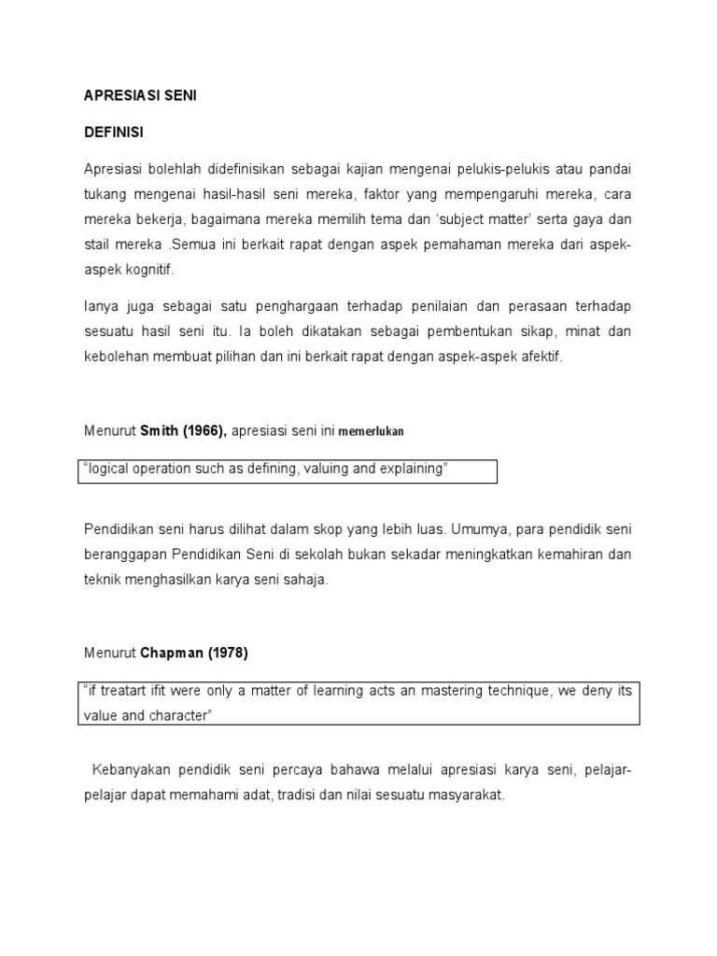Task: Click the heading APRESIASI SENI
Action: (140, 96)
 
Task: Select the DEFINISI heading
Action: (113, 134)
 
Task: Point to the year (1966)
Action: (203, 431)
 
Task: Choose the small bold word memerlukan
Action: (372, 432)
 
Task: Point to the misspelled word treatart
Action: (126, 691)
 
